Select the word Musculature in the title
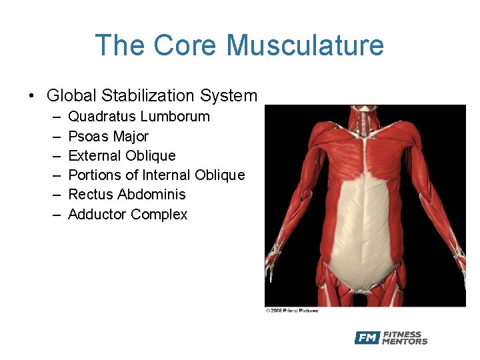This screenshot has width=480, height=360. pos(305,45)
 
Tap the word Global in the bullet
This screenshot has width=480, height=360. pos(70,96)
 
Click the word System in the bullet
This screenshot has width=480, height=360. pos(229,96)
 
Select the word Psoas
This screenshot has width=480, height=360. pos(88,137)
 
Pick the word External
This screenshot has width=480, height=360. pos(95,156)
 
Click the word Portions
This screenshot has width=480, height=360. pos(95,175)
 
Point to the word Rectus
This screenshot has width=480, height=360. pos(91,195)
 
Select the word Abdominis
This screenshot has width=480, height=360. pos(151,195)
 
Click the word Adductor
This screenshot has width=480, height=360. pos(97,215)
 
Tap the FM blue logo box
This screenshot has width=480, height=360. pos(367,337)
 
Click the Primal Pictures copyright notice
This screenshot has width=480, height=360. pos(292,311)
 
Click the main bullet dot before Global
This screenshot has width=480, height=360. pos(33,97)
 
